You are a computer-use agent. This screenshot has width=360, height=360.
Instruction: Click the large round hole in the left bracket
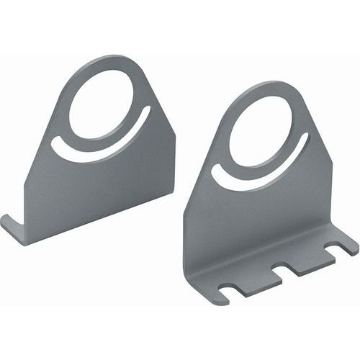[x=105, y=100]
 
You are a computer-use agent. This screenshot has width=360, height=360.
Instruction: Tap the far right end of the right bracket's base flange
[x=353, y=246]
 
